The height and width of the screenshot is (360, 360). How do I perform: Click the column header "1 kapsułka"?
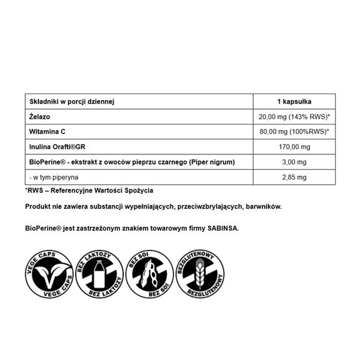point(294,101)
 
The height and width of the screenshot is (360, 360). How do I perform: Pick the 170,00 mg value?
point(294,147)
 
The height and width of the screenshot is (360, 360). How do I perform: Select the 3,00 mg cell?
point(294,162)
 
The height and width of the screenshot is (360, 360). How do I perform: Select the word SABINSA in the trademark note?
point(222,228)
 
